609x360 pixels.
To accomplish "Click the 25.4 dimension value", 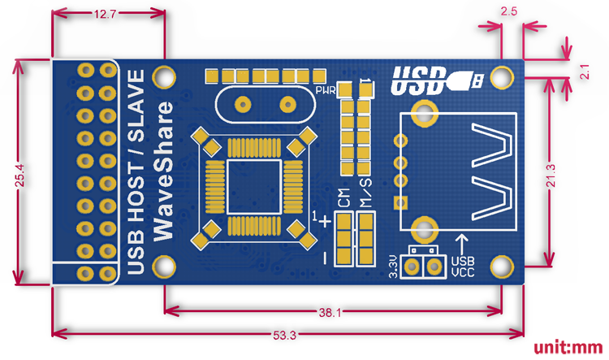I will click(18, 174).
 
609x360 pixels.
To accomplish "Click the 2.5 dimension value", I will click(511, 12).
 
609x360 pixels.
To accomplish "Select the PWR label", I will click(326, 89).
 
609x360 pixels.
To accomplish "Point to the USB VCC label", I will click(463, 267).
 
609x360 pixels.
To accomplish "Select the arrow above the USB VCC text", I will click(462, 243).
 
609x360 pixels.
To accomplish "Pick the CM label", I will click(344, 198).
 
